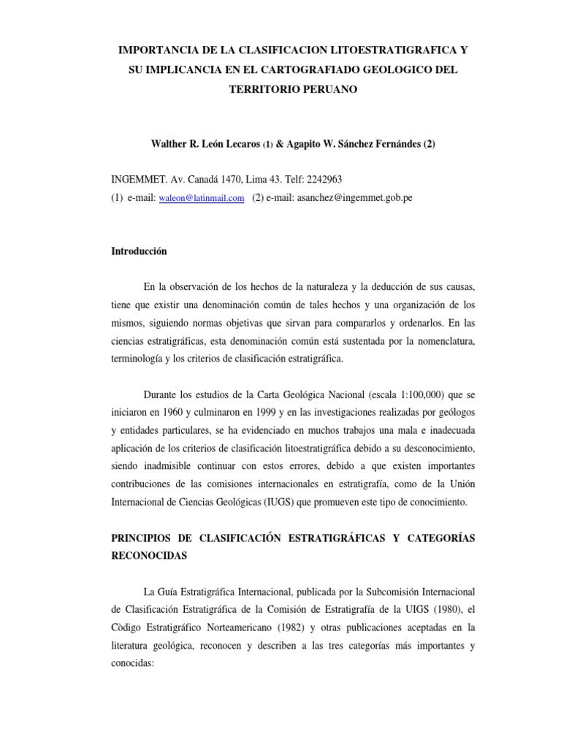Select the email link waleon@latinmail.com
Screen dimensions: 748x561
pyautogui.click(x=201, y=198)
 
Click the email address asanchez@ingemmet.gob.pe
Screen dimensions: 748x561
pyautogui.click(x=354, y=198)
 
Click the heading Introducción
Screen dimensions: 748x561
pyautogui.click(x=139, y=251)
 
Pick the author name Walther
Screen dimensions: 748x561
pyautogui.click(x=169, y=144)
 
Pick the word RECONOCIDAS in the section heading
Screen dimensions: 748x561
pyautogui.click(x=149, y=555)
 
